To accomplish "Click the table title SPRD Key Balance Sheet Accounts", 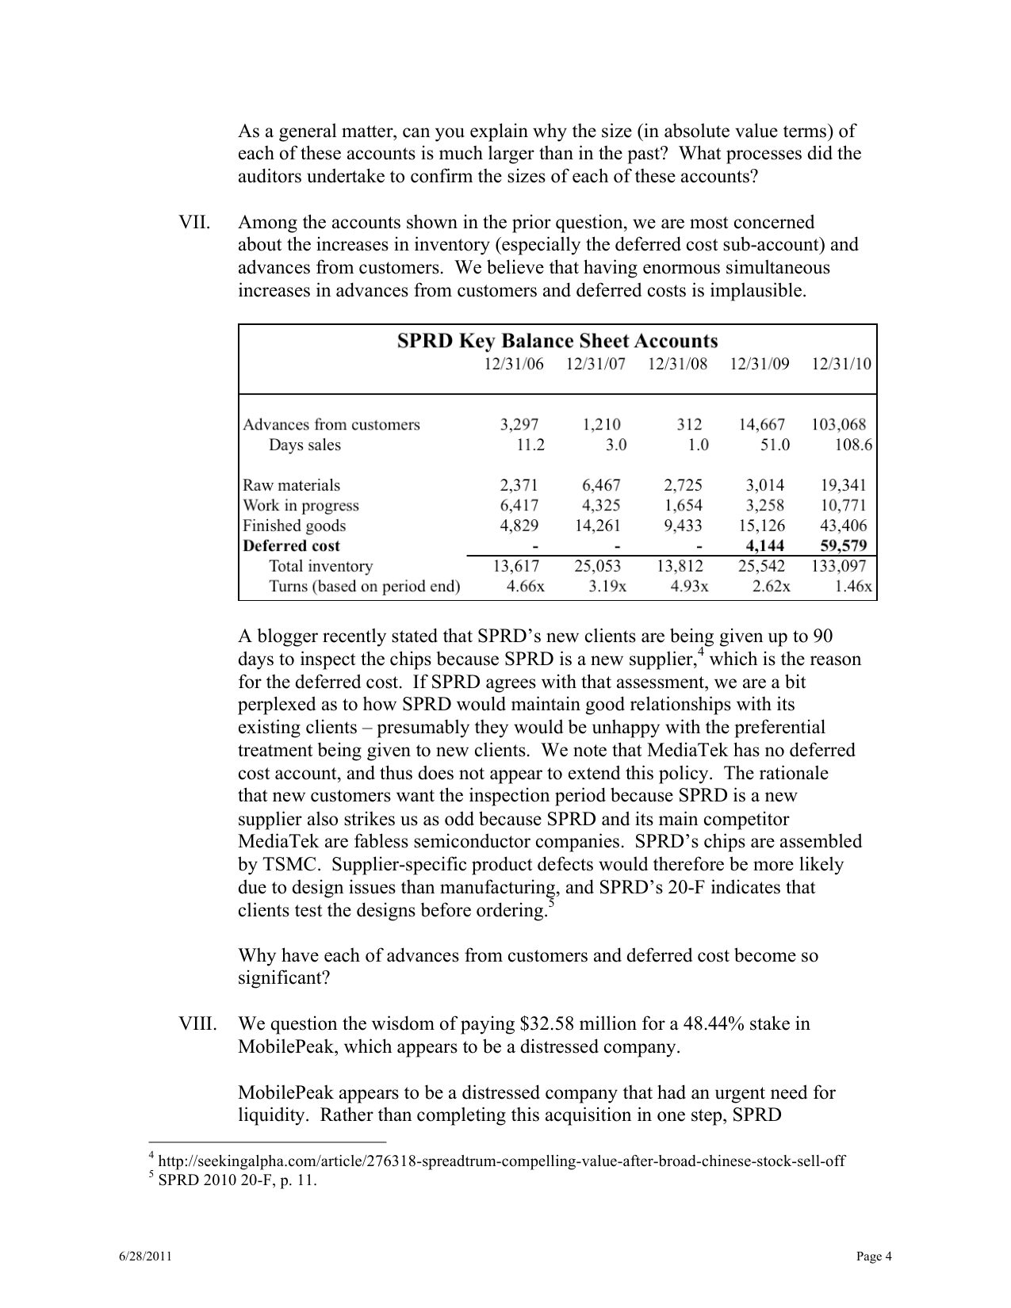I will [x=557, y=341].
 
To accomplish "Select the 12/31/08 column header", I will [x=677, y=364].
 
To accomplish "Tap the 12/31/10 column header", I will [x=841, y=364].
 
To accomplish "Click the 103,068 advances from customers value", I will [x=838, y=424].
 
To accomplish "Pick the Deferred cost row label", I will [x=291, y=545].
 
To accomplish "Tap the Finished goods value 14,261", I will [x=597, y=526].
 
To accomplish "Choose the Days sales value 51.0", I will [x=774, y=445].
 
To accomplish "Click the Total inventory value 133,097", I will [x=837, y=566].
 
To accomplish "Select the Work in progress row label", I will [x=301, y=505].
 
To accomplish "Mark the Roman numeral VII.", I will [x=194, y=222].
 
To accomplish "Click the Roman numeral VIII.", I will [x=197, y=1023].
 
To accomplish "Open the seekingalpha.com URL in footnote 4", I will [x=501, y=1161].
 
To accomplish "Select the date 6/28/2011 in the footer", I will [x=142, y=1256].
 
